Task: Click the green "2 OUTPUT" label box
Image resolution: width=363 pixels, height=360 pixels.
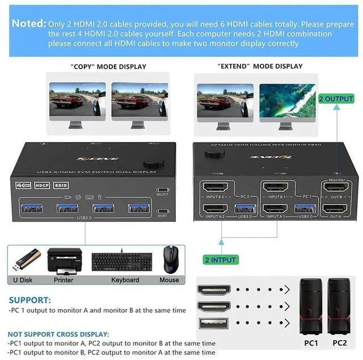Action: click(x=336, y=99)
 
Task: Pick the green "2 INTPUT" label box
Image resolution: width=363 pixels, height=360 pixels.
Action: click(x=221, y=260)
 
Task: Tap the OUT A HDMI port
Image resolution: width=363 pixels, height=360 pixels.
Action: click(x=335, y=210)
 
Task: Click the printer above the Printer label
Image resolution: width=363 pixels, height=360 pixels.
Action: click(x=63, y=261)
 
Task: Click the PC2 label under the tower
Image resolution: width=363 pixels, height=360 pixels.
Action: click(x=339, y=342)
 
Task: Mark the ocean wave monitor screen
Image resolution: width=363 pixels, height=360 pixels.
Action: click(x=287, y=100)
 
